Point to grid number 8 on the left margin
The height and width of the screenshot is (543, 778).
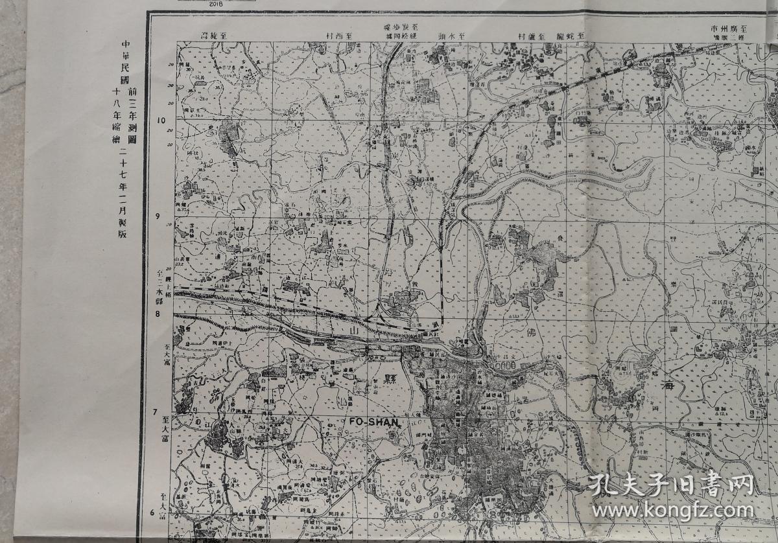157,314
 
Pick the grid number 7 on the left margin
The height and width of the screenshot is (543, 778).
156,412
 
